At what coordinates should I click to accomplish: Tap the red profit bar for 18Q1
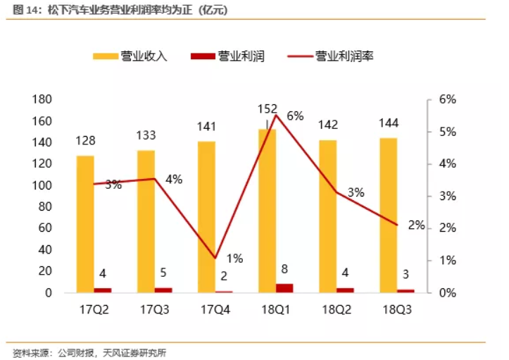point(284,287)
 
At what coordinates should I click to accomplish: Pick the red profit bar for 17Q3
point(163,290)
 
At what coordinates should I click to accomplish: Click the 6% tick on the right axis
point(448,99)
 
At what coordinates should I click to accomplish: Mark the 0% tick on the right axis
point(448,292)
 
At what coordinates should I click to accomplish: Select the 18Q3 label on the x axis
point(397,311)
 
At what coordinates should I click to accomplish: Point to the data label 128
point(86,140)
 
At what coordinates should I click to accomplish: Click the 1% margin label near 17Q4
point(234,259)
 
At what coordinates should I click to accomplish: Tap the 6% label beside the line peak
point(295,116)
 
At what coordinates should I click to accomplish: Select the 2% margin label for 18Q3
point(416,225)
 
